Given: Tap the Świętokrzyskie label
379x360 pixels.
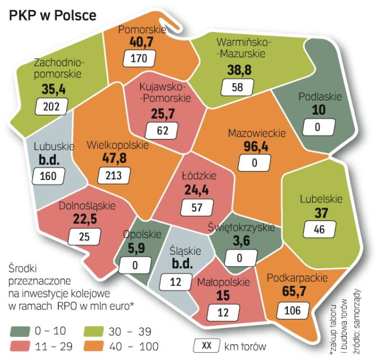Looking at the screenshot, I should click(x=240, y=227).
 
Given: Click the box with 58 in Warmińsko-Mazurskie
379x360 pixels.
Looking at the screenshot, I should click(x=237, y=87).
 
